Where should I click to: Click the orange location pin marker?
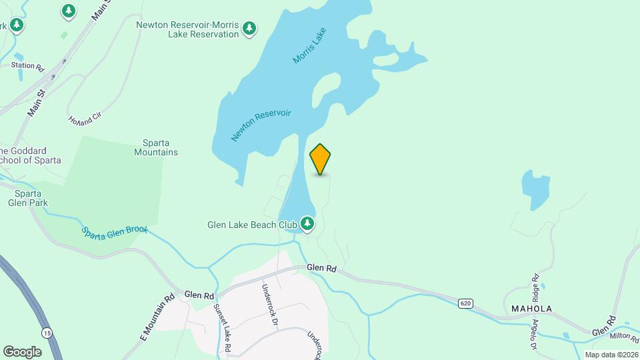tap(321, 159)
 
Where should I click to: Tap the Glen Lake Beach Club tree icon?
tap(307, 223)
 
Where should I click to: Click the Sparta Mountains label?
tap(161, 147)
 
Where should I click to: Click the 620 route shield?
tap(466, 303)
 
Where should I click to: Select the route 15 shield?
tap(47, 332)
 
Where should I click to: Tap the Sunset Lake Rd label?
tap(222, 328)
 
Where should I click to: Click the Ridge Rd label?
tap(535, 285)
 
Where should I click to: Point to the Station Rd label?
tap(27, 67)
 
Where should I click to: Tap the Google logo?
tap(22, 351)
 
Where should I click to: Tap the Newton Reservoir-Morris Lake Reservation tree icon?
tap(249, 28)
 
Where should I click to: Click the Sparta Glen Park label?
tap(24, 198)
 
